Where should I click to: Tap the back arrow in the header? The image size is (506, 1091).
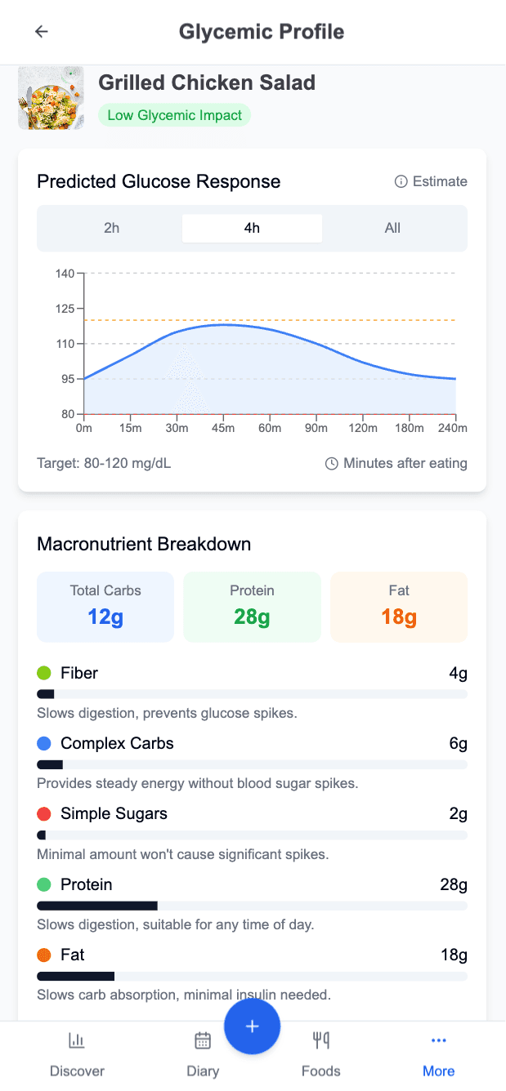pos(41,32)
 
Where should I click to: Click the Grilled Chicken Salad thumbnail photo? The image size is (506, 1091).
pos(51,98)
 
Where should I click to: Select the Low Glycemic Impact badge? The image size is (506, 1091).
pos(174,115)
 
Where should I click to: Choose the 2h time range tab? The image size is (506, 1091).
pos(111,228)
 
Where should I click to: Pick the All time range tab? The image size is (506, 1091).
pos(392,228)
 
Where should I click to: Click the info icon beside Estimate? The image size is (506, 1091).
pos(401,181)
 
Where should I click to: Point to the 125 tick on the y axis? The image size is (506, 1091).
pos(65,309)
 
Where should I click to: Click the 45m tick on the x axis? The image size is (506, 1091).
pos(223,428)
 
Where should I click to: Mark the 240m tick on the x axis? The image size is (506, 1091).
pos(452,428)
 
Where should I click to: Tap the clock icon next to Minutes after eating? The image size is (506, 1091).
pos(332,464)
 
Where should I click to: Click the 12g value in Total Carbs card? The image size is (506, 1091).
pos(105,617)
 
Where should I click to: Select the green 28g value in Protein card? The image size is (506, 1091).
pos(252,617)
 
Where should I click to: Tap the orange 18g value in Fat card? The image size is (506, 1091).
pos(399,617)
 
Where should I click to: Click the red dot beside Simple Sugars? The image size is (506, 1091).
pos(44,814)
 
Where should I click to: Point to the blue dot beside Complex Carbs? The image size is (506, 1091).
pos(44,743)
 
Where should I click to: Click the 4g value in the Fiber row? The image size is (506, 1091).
pos(458,673)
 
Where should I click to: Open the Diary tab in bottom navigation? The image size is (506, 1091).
pos(203,1053)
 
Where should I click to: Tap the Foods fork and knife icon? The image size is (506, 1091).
pos(320,1040)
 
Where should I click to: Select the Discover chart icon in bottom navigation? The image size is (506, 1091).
pos(77,1040)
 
